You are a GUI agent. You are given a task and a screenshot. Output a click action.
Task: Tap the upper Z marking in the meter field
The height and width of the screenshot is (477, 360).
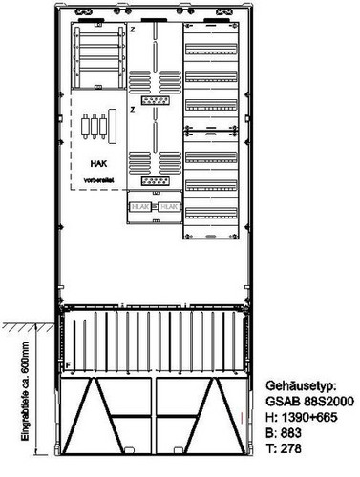(x=135, y=30)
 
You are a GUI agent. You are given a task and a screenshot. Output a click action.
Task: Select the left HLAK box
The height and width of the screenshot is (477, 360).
(x=138, y=205)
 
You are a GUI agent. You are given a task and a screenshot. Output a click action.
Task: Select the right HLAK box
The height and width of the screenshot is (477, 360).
(x=166, y=205)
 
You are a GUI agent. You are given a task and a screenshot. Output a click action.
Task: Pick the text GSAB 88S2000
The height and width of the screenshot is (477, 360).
(x=300, y=402)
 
